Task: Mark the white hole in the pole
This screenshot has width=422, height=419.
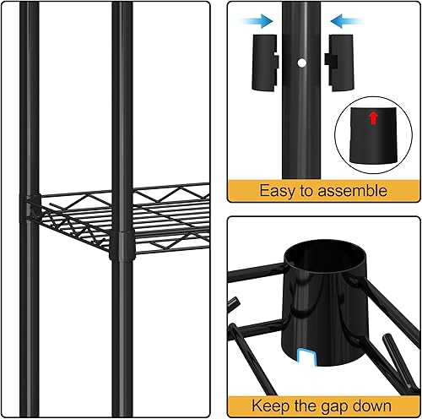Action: (301, 62)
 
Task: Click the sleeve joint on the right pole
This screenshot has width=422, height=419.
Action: (123, 248)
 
